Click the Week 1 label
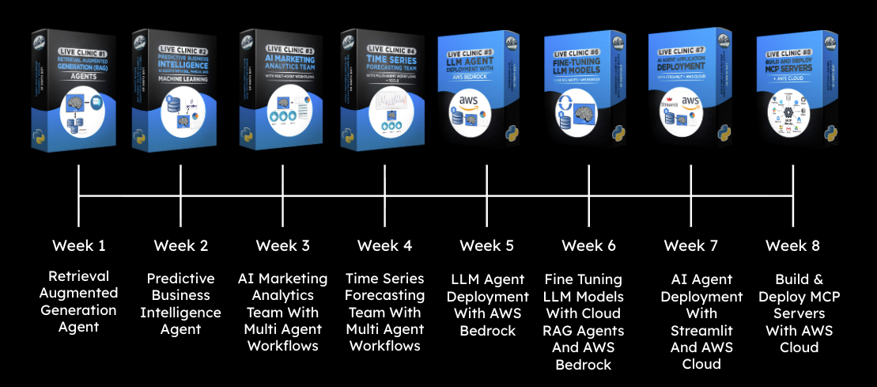point(79,245)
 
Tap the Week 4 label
point(384,245)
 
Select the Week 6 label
point(588,245)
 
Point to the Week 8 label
point(792,245)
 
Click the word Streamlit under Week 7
point(701,330)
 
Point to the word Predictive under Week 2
point(180,279)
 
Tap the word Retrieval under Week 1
point(79,276)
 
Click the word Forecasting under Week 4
point(384,296)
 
